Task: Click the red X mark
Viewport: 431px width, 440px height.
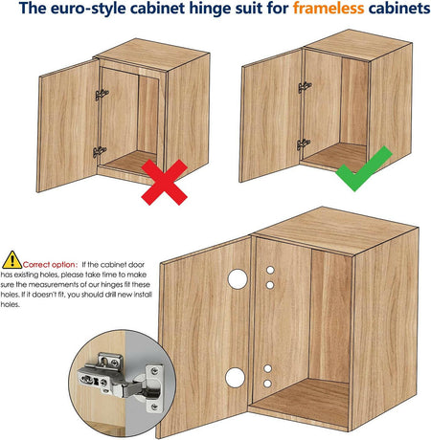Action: [x=164, y=182]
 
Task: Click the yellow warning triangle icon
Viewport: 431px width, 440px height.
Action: [x=11, y=260]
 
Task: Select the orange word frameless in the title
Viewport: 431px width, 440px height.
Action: [x=329, y=9]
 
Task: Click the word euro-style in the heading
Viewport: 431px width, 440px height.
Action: [x=87, y=9]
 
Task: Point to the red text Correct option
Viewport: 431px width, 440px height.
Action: [x=50, y=265]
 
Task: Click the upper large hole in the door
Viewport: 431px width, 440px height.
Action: [x=238, y=279]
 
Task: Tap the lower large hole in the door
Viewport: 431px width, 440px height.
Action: [x=235, y=378]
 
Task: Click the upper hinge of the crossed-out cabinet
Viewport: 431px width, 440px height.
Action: [x=102, y=95]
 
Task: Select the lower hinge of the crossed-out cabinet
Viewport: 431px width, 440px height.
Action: [x=100, y=152]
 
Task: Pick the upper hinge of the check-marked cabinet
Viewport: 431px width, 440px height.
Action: [x=305, y=87]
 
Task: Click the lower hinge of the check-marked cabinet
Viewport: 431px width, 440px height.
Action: [x=303, y=144]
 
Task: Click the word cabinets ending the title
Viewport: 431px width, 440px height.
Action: [x=399, y=9]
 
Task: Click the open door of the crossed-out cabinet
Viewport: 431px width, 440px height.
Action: [x=68, y=125]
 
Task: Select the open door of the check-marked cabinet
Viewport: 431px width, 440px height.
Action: [x=271, y=115]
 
